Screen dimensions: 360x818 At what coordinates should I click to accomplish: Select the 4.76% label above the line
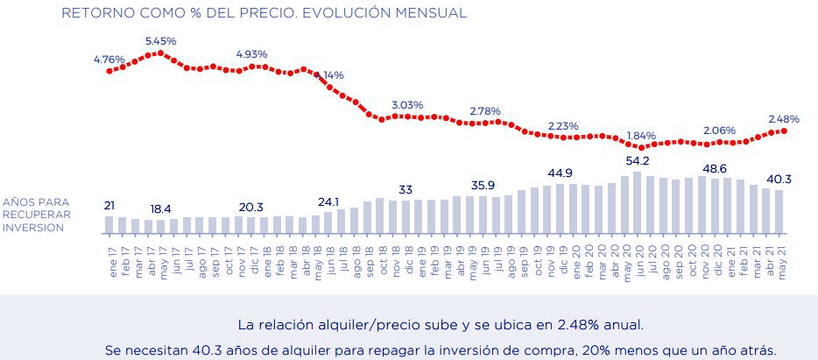109,60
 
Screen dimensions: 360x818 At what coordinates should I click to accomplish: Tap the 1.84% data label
641,136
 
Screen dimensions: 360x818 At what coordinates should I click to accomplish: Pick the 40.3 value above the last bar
778,180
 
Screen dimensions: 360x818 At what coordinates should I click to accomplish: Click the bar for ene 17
109,224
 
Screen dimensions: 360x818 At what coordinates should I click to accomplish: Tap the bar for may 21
778,212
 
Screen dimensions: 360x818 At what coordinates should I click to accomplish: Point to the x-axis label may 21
779,257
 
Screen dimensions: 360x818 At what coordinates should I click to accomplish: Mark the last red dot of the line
784,131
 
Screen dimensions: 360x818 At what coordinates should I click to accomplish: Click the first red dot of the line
109,70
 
